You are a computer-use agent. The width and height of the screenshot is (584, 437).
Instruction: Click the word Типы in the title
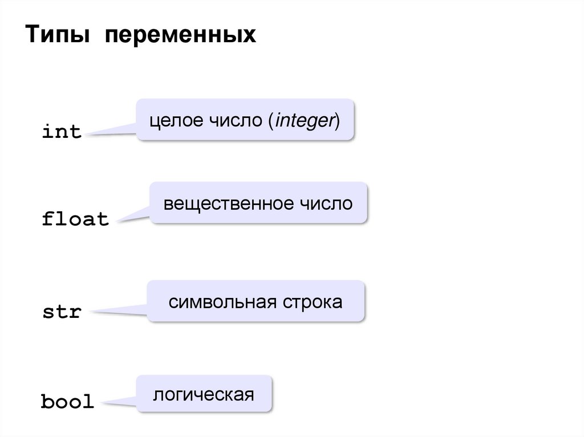point(56,35)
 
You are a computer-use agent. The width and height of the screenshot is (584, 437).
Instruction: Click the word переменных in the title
point(179,35)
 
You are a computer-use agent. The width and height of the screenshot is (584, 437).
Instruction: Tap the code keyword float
point(75,219)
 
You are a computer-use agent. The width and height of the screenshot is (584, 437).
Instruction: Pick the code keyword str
point(62,313)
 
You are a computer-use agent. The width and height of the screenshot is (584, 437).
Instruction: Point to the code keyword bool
point(67,402)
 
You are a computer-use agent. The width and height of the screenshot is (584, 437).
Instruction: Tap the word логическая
point(203,394)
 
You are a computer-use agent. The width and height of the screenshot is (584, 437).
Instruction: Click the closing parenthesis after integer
point(336,121)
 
